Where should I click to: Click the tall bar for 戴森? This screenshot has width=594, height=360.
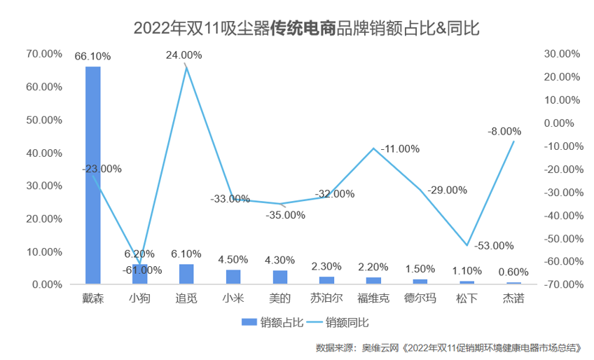pyautogui.click(x=92, y=175)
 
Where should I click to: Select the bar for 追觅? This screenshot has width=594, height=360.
pyautogui.click(x=186, y=274)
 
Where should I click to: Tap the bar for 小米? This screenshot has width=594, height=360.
pyautogui.click(x=233, y=277)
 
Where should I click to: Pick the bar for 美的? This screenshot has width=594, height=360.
pyautogui.click(x=280, y=277)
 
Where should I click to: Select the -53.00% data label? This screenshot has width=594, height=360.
pyautogui.click(x=494, y=246)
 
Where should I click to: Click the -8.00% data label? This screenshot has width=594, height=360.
pyautogui.click(x=505, y=131)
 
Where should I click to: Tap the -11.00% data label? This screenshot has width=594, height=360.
pyautogui.click(x=400, y=148)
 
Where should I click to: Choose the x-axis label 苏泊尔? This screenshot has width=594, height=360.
pyautogui.click(x=326, y=298)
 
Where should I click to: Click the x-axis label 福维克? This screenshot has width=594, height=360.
pyautogui.click(x=373, y=298)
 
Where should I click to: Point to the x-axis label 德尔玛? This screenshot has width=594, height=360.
pyautogui.click(x=420, y=298)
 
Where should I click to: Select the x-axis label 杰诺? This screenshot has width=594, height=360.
pyautogui.click(x=513, y=298)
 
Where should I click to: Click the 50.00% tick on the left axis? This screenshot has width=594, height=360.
pyautogui.click(x=43, y=120)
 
